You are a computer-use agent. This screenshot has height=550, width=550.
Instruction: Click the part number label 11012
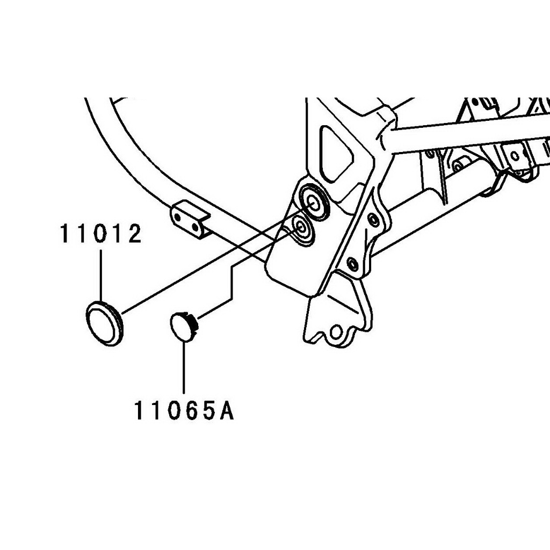(x=101, y=234)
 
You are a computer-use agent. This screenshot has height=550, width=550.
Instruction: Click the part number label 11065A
(x=184, y=411)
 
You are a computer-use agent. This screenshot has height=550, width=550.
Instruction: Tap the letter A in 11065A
(x=226, y=411)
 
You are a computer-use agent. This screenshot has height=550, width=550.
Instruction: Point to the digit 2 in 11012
(x=134, y=234)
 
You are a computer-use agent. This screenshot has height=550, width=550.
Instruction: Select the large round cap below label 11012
(x=105, y=323)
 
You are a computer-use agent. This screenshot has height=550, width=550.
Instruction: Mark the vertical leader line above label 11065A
(x=184, y=367)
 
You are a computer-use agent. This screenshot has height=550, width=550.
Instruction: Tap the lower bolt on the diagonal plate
(x=352, y=262)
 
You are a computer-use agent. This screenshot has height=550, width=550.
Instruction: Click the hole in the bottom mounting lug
(x=336, y=332)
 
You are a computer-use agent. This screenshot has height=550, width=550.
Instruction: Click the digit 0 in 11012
(x=100, y=234)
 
